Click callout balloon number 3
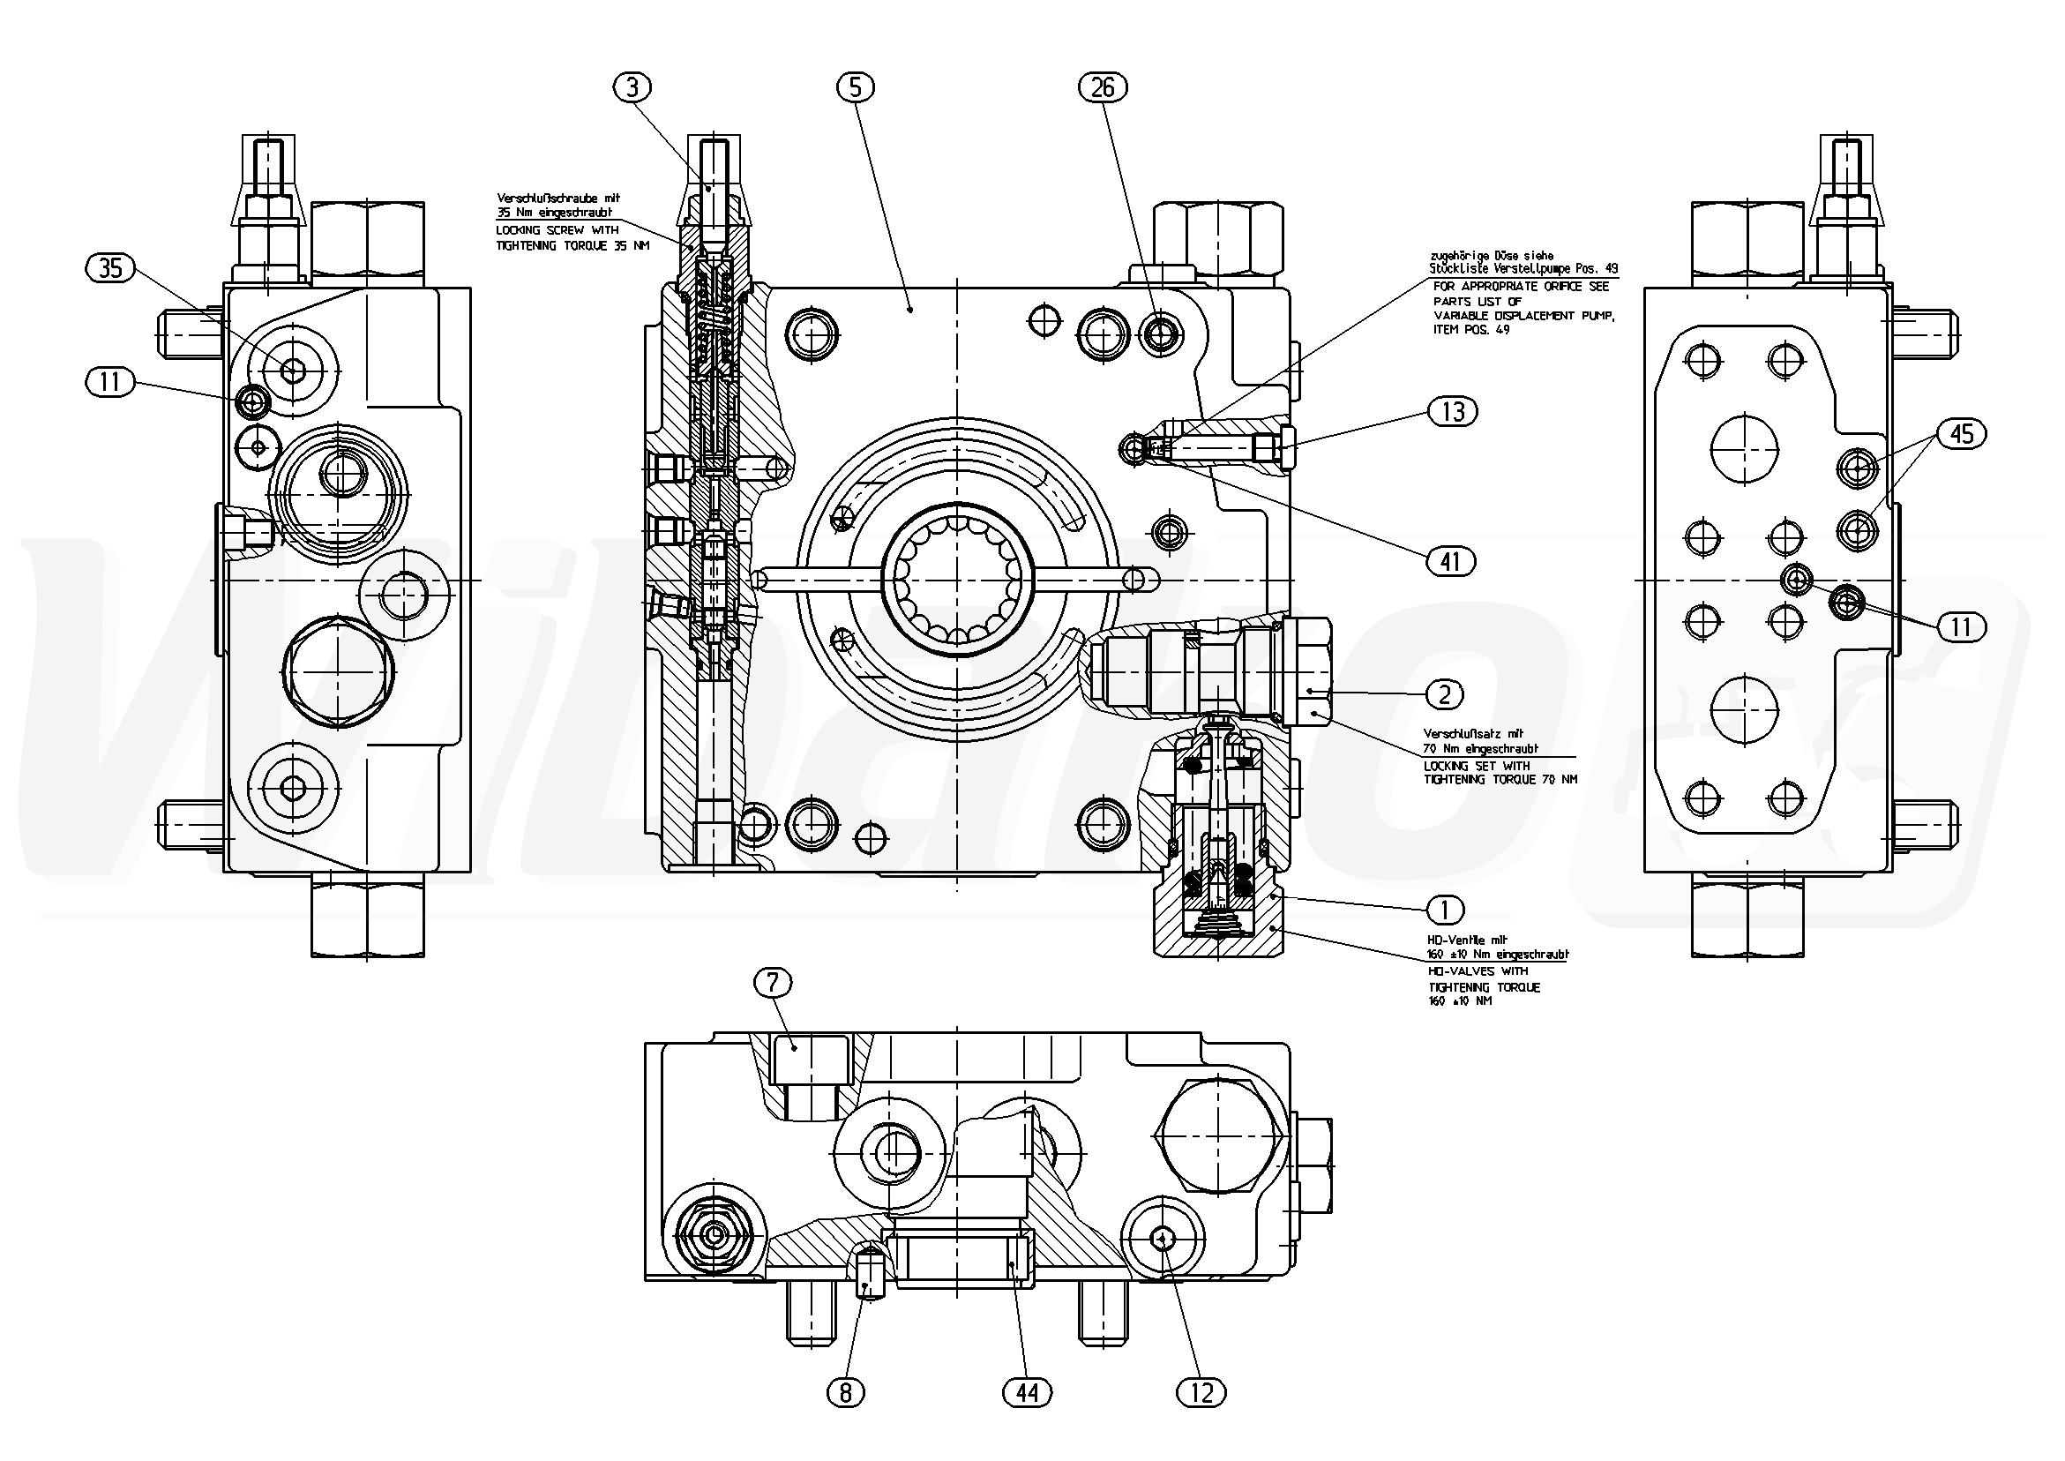point(633,87)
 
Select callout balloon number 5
point(855,87)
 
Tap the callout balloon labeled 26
point(1103,87)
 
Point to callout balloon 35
point(109,268)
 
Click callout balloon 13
point(1453,412)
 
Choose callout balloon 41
point(1450,562)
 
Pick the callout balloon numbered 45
point(1961,435)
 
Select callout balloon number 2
point(1445,693)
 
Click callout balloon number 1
point(1445,910)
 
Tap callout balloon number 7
point(773,985)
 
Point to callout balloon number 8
point(845,1394)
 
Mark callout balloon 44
point(1026,1394)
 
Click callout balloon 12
point(1201,1394)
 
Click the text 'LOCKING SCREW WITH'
point(557,231)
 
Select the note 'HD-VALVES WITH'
point(1478,971)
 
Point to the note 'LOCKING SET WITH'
point(1476,766)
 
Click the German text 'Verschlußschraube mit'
point(558,198)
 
